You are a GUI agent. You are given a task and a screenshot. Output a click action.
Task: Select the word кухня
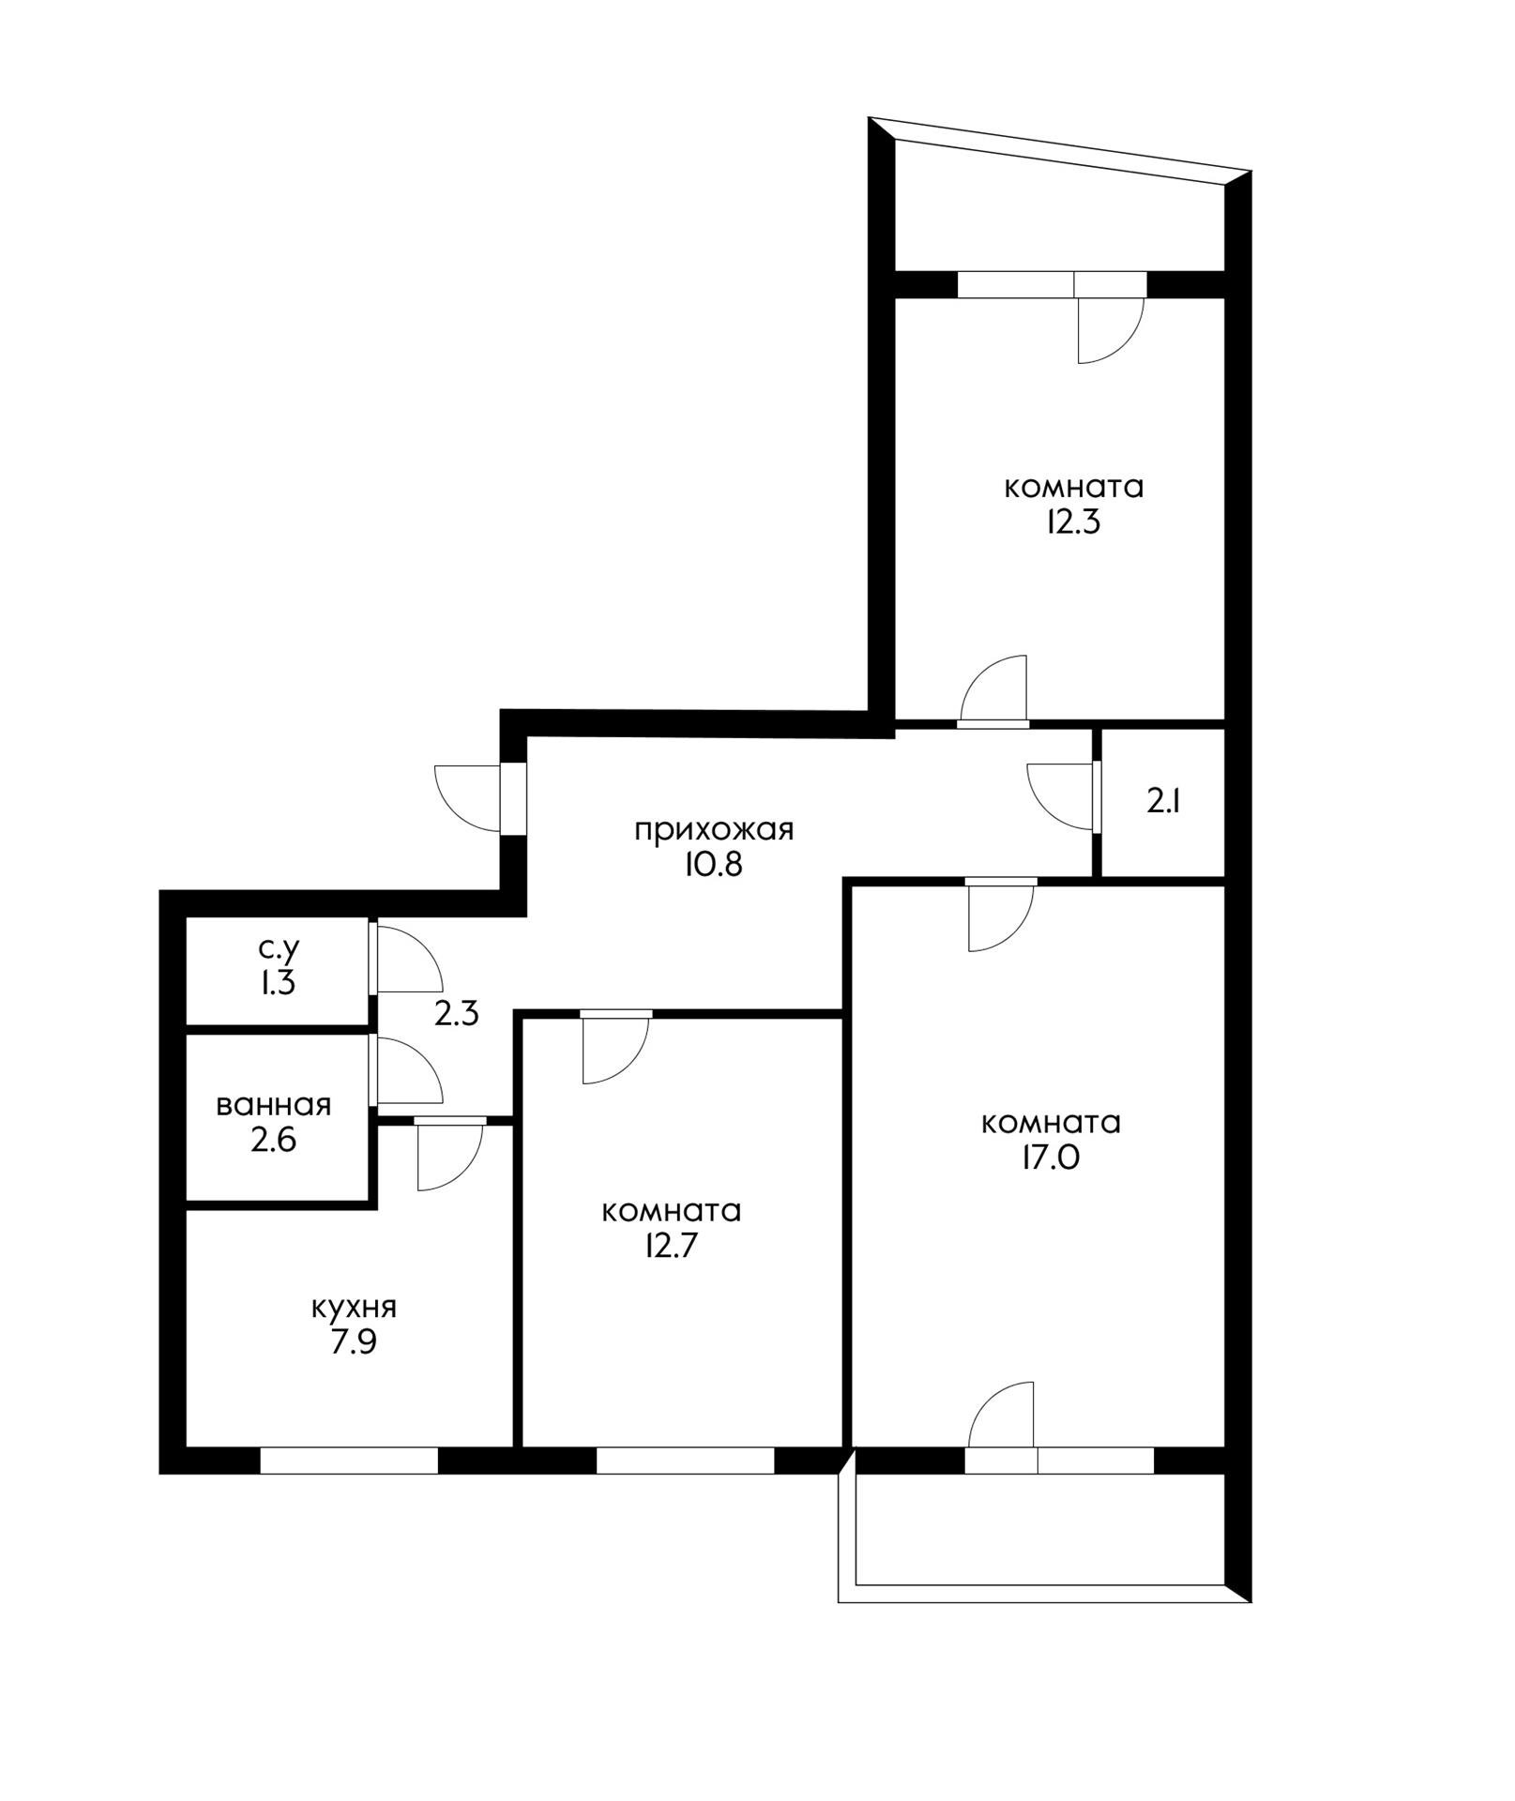(354, 1309)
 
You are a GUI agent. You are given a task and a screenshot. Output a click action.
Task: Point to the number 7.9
(354, 1342)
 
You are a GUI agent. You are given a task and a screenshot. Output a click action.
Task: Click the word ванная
(274, 1105)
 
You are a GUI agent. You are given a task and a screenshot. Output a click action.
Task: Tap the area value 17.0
(1051, 1158)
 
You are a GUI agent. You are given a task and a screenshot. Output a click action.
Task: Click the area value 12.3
(1073, 522)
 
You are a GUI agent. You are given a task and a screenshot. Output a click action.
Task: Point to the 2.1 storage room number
(1163, 803)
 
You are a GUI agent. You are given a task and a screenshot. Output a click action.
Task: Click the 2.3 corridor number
(457, 1014)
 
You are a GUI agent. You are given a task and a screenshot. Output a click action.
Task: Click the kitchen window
(349, 1460)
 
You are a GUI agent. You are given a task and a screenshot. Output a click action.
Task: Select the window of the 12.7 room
(685, 1460)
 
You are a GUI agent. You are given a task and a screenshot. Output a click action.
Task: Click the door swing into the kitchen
(449, 1158)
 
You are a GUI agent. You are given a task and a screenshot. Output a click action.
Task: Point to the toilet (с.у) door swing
(408, 959)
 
